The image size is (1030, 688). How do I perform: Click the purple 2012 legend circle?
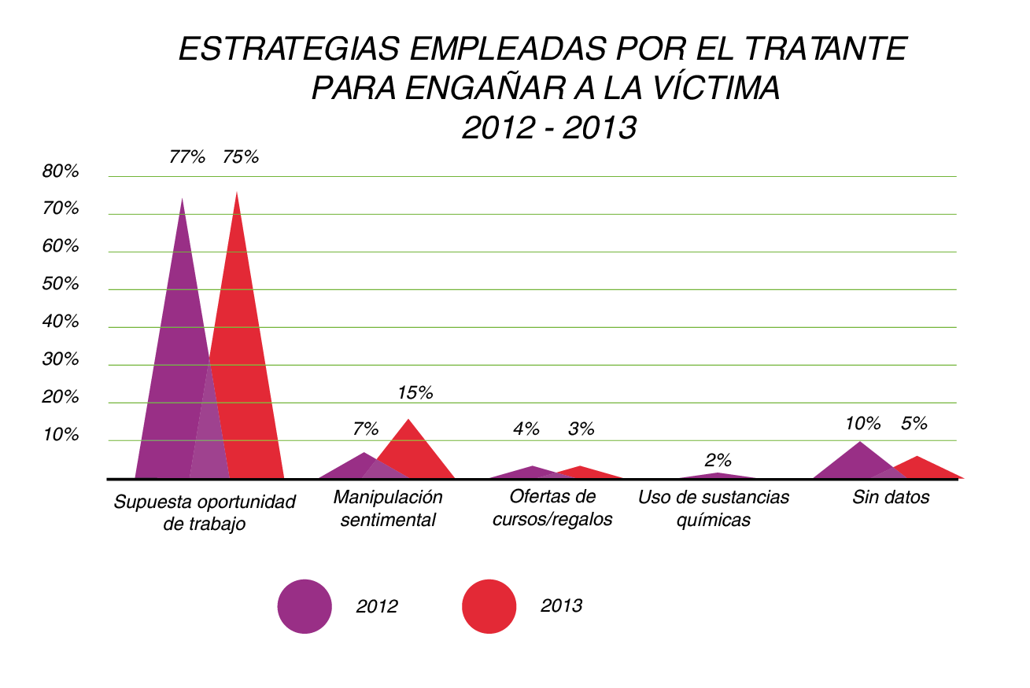coord(305,606)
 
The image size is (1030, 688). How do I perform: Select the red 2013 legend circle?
coord(489,606)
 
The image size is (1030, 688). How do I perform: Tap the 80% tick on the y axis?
coord(61,171)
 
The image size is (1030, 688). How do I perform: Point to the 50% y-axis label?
coord(61,284)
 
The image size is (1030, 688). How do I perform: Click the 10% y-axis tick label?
coord(61,435)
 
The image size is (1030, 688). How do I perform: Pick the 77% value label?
coord(186,156)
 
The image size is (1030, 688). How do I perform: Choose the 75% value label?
coord(240,156)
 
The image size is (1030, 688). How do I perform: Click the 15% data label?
coord(415,392)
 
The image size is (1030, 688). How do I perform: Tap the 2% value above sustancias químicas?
coord(718,460)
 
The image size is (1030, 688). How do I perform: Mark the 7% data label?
coord(366,429)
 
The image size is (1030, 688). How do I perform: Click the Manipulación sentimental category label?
coord(388,509)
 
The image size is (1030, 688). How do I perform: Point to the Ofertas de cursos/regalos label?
coord(552,509)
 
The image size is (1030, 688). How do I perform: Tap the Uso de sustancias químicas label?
coord(714,509)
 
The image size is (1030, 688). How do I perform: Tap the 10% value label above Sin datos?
coord(862,423)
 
